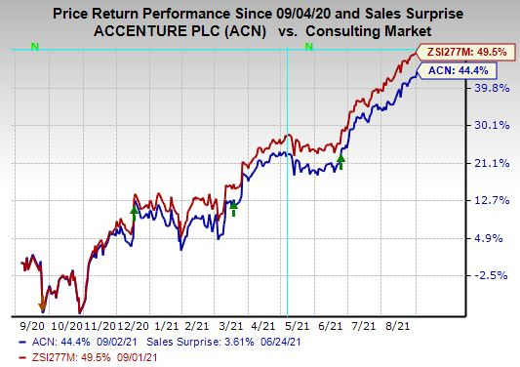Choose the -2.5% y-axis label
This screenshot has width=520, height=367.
click(x=465, y=276)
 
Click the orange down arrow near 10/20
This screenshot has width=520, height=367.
click(x=42, y=283)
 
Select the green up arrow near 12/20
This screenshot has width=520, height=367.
click(x=134, y=209)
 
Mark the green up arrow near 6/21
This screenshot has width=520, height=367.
click(x=340, y=159)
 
